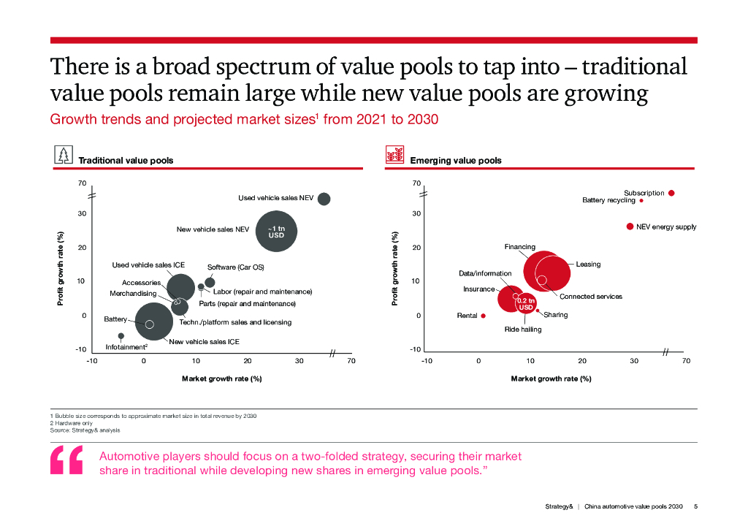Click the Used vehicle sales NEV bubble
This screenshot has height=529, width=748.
click(324, 199)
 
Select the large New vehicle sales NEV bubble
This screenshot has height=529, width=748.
click(276, 232)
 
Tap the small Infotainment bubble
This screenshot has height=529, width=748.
click(121, 336)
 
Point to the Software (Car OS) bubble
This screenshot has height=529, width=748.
click(210, 282)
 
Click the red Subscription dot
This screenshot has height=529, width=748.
click(671, 193)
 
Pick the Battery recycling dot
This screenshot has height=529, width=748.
click(641, 200)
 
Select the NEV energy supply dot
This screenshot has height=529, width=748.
click(630, 227)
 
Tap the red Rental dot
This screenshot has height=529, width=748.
click(483, 316)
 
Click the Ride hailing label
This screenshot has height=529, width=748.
click(523, 330)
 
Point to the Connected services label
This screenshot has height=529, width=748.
click(591, 297)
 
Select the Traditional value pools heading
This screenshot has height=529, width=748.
click(126, 160)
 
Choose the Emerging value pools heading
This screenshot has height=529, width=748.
click(456, 160)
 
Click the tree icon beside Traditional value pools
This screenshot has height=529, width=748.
click(64, 155)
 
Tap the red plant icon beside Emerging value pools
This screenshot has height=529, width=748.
click(394, 155)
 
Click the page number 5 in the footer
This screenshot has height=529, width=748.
click(696, 506)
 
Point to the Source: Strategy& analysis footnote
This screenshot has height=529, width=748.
click(85, 430)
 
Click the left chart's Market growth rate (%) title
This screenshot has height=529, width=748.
click(221, 378)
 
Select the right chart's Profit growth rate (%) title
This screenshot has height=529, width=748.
click(395, 268)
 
